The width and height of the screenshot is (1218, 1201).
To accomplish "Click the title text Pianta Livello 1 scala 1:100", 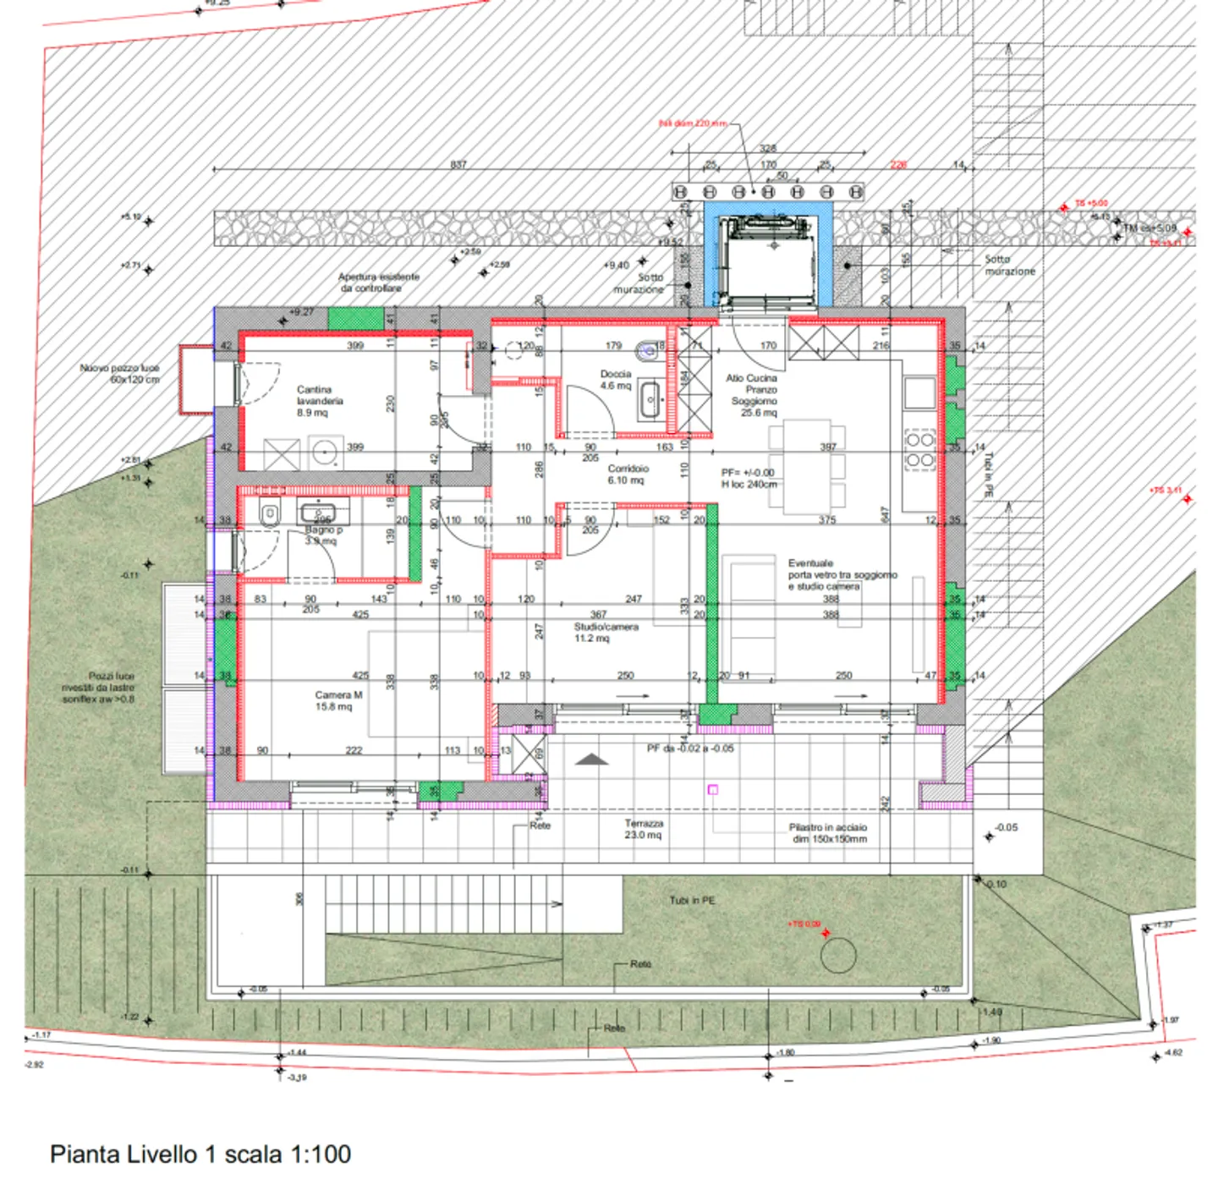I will coord(200,1154).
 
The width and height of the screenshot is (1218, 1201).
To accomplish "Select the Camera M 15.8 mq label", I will coord(338,700).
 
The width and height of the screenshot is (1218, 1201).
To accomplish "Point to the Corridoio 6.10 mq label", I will coord(628,474).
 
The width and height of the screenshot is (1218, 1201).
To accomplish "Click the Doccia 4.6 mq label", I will coord(616,380).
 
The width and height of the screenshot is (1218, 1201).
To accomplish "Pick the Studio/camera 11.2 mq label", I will coord(606,632).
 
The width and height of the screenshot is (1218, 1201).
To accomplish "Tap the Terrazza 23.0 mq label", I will coord(644,829).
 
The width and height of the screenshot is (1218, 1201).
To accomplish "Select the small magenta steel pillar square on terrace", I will coord(712,789).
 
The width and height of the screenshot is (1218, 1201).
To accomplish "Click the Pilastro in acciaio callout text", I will coord(828,833).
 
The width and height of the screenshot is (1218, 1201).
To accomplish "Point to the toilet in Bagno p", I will coord(270,513).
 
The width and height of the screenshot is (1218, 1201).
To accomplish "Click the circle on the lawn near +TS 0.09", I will coord(838,956).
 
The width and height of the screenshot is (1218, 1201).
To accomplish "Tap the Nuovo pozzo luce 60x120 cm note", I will coord(119,374).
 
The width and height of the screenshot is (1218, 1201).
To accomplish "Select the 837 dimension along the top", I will coord(458,164).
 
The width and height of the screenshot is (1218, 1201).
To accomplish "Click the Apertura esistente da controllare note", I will coord(378,282).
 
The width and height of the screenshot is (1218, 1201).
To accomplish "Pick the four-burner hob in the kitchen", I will coord(919,450).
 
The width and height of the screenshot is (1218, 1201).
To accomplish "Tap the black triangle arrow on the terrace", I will coord(591,759).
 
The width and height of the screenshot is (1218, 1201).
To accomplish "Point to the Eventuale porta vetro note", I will coord(841,574).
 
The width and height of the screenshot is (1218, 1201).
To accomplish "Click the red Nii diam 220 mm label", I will coord(693,123).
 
